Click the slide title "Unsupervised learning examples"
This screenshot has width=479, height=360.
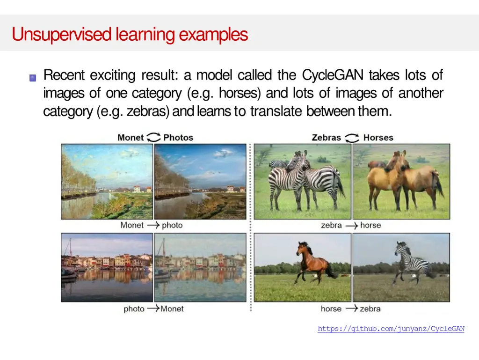130,35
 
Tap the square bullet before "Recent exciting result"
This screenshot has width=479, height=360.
33,78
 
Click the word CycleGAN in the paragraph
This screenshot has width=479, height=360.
333,75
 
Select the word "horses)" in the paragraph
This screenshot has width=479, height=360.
240,94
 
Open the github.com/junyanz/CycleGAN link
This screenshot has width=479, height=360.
391,329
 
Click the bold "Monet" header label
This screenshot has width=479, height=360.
131,138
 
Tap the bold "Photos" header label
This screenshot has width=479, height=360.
178,138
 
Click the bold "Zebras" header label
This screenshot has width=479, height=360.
326,138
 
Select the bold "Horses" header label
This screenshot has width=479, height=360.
378,138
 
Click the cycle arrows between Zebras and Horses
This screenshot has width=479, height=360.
352,138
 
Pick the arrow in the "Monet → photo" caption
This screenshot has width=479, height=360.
153,225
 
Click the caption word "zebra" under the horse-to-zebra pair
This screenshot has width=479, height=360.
370,309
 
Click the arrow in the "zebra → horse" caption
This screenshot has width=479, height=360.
351,225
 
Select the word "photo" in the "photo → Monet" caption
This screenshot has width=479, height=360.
134,309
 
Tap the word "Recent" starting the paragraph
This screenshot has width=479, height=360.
64,75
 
